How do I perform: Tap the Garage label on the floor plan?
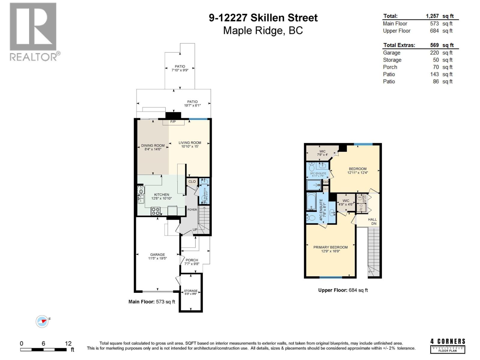[x=157, y=254]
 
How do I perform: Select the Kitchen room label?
[x=162, y=195]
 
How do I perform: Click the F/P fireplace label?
[x=173, y=122]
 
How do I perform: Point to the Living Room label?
[x=190, y=143]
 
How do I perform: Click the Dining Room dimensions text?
[x=153, y=149]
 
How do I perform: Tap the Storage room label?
[x=190, y=291]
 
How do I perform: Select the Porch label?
[x=192, y=260]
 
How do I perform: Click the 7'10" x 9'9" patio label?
[x=180, y=70]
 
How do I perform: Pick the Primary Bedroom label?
[x=330, y=247]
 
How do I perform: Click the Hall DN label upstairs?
[x=372, y=221]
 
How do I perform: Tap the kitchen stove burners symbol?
[x=155, y=211]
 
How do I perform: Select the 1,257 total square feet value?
[x=432, y=16]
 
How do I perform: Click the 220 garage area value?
[x=434, y=53]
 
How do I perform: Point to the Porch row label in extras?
[x=390, y=67]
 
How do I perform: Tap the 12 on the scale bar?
[x=68, y=343]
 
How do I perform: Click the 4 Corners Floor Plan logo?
[x=448, y=346]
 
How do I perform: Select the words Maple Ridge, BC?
[x=263, y=31]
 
